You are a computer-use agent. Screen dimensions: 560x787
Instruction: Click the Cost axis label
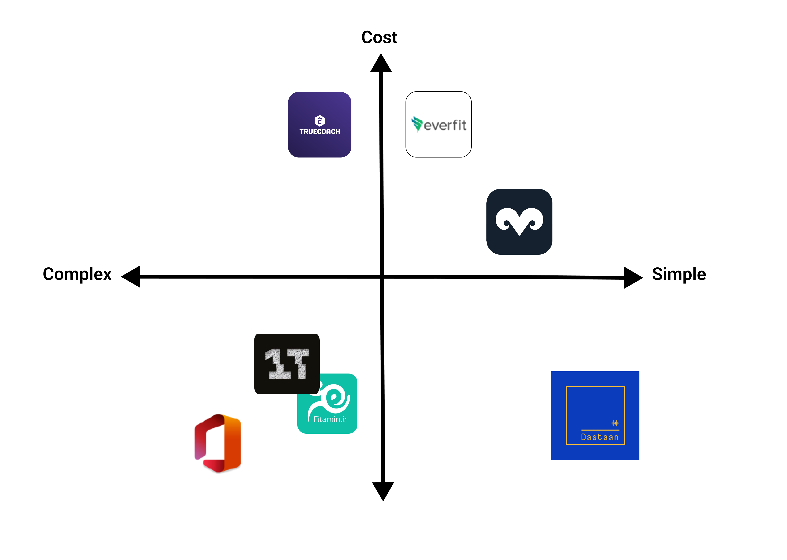[379, 37]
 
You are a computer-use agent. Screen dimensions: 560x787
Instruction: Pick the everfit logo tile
[438, 125]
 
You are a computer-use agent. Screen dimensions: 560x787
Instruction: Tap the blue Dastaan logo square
[595, 415]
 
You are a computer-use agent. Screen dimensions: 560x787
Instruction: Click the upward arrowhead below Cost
[381, 64]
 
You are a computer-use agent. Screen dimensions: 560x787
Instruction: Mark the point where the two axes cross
[382, 277]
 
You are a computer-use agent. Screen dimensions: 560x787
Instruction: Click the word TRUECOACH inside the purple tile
[319, 131]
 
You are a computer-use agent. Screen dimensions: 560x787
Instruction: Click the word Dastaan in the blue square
[600, 437]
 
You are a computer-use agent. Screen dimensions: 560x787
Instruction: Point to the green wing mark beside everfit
[417, 123]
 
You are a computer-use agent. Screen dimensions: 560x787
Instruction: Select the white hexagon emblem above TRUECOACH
[319, 120]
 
